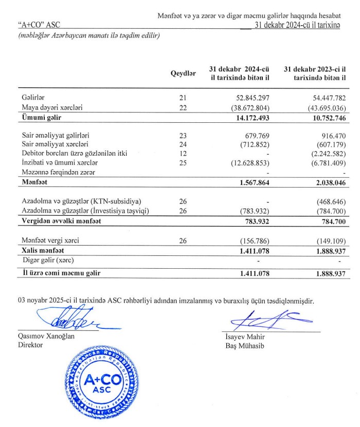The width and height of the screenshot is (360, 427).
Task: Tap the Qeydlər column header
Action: click(x=184, y=73)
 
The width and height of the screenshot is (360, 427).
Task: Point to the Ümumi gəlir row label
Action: click(x=41, y=118)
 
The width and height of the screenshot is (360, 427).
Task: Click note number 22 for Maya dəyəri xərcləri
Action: click(x=183, y=108)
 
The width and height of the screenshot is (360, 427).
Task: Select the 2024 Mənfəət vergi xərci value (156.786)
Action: click(x=253, y=240)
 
